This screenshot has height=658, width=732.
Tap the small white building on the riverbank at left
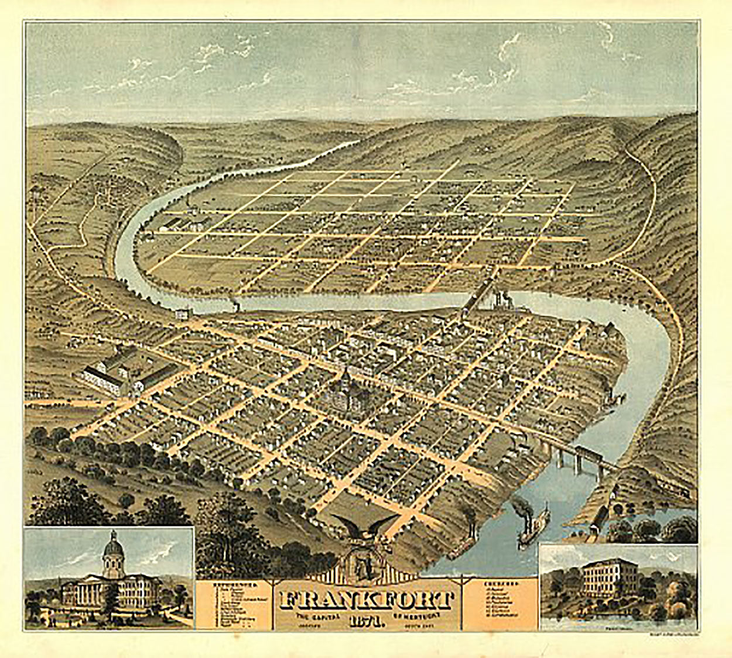pyautogui.click(x=182, y=315)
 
